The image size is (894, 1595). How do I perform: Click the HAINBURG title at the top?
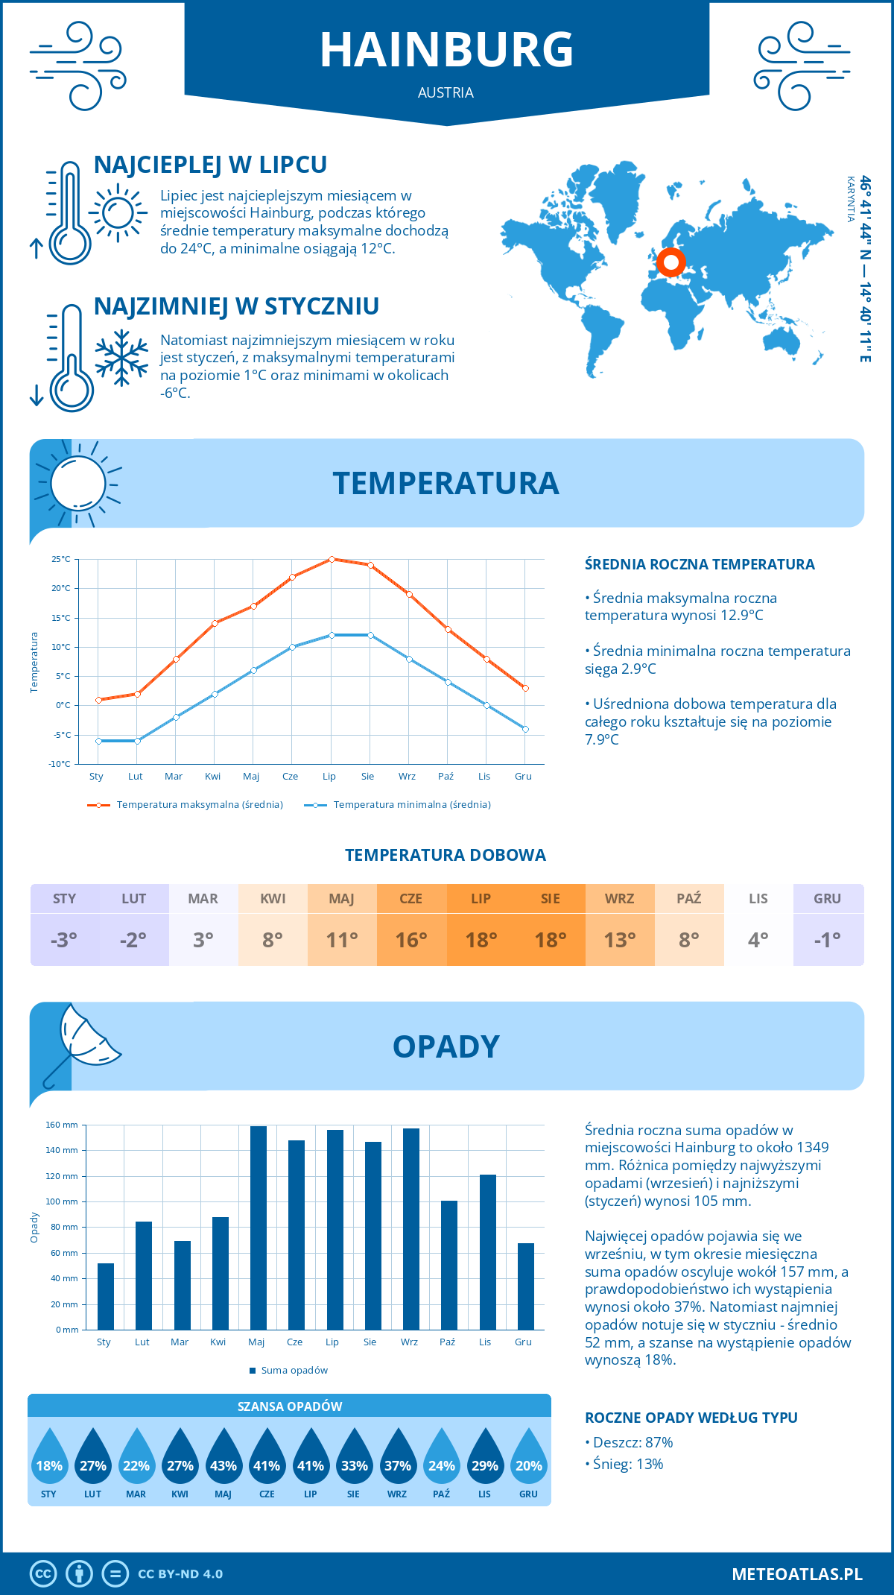(446, 50)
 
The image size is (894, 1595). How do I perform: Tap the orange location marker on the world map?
(671, 262)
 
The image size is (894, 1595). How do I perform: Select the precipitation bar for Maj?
(259, 1228)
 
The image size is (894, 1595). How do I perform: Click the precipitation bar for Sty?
(106, 1296)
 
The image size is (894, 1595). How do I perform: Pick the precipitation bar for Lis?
(488, 1252)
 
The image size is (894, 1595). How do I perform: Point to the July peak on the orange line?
(332, 559)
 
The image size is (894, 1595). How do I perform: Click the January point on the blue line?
(98, 741)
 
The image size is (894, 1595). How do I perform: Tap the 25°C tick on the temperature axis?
(61, 559)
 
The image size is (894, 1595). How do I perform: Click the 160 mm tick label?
(63, 1125)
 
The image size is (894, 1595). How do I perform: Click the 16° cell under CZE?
(411, 940)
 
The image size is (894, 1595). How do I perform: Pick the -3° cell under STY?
(64, 940)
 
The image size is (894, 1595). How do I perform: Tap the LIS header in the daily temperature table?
(758, 899)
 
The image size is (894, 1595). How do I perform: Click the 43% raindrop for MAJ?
(223, 1459)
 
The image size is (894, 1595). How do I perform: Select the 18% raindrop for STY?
(49, 1459)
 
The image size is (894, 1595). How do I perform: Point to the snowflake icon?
(121, 358)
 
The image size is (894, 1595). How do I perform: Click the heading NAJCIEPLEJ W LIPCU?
(210, 165)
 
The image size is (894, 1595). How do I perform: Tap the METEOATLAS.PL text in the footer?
(796, 1574)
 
